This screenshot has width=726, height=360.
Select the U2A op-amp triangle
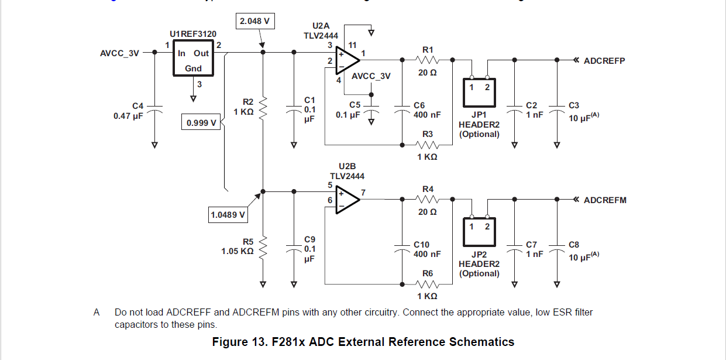(347, 60)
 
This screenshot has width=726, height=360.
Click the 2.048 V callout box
(256, 22)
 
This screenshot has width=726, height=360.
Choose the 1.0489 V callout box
(228, 215)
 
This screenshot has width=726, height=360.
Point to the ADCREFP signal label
(604, 60)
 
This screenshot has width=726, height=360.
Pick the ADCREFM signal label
(605, 200)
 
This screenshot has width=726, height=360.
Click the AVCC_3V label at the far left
(120, 53)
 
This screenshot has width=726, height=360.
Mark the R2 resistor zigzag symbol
(263, 107)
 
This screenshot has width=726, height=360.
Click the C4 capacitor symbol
(155, 109)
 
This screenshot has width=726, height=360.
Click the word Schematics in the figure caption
(481, 342)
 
